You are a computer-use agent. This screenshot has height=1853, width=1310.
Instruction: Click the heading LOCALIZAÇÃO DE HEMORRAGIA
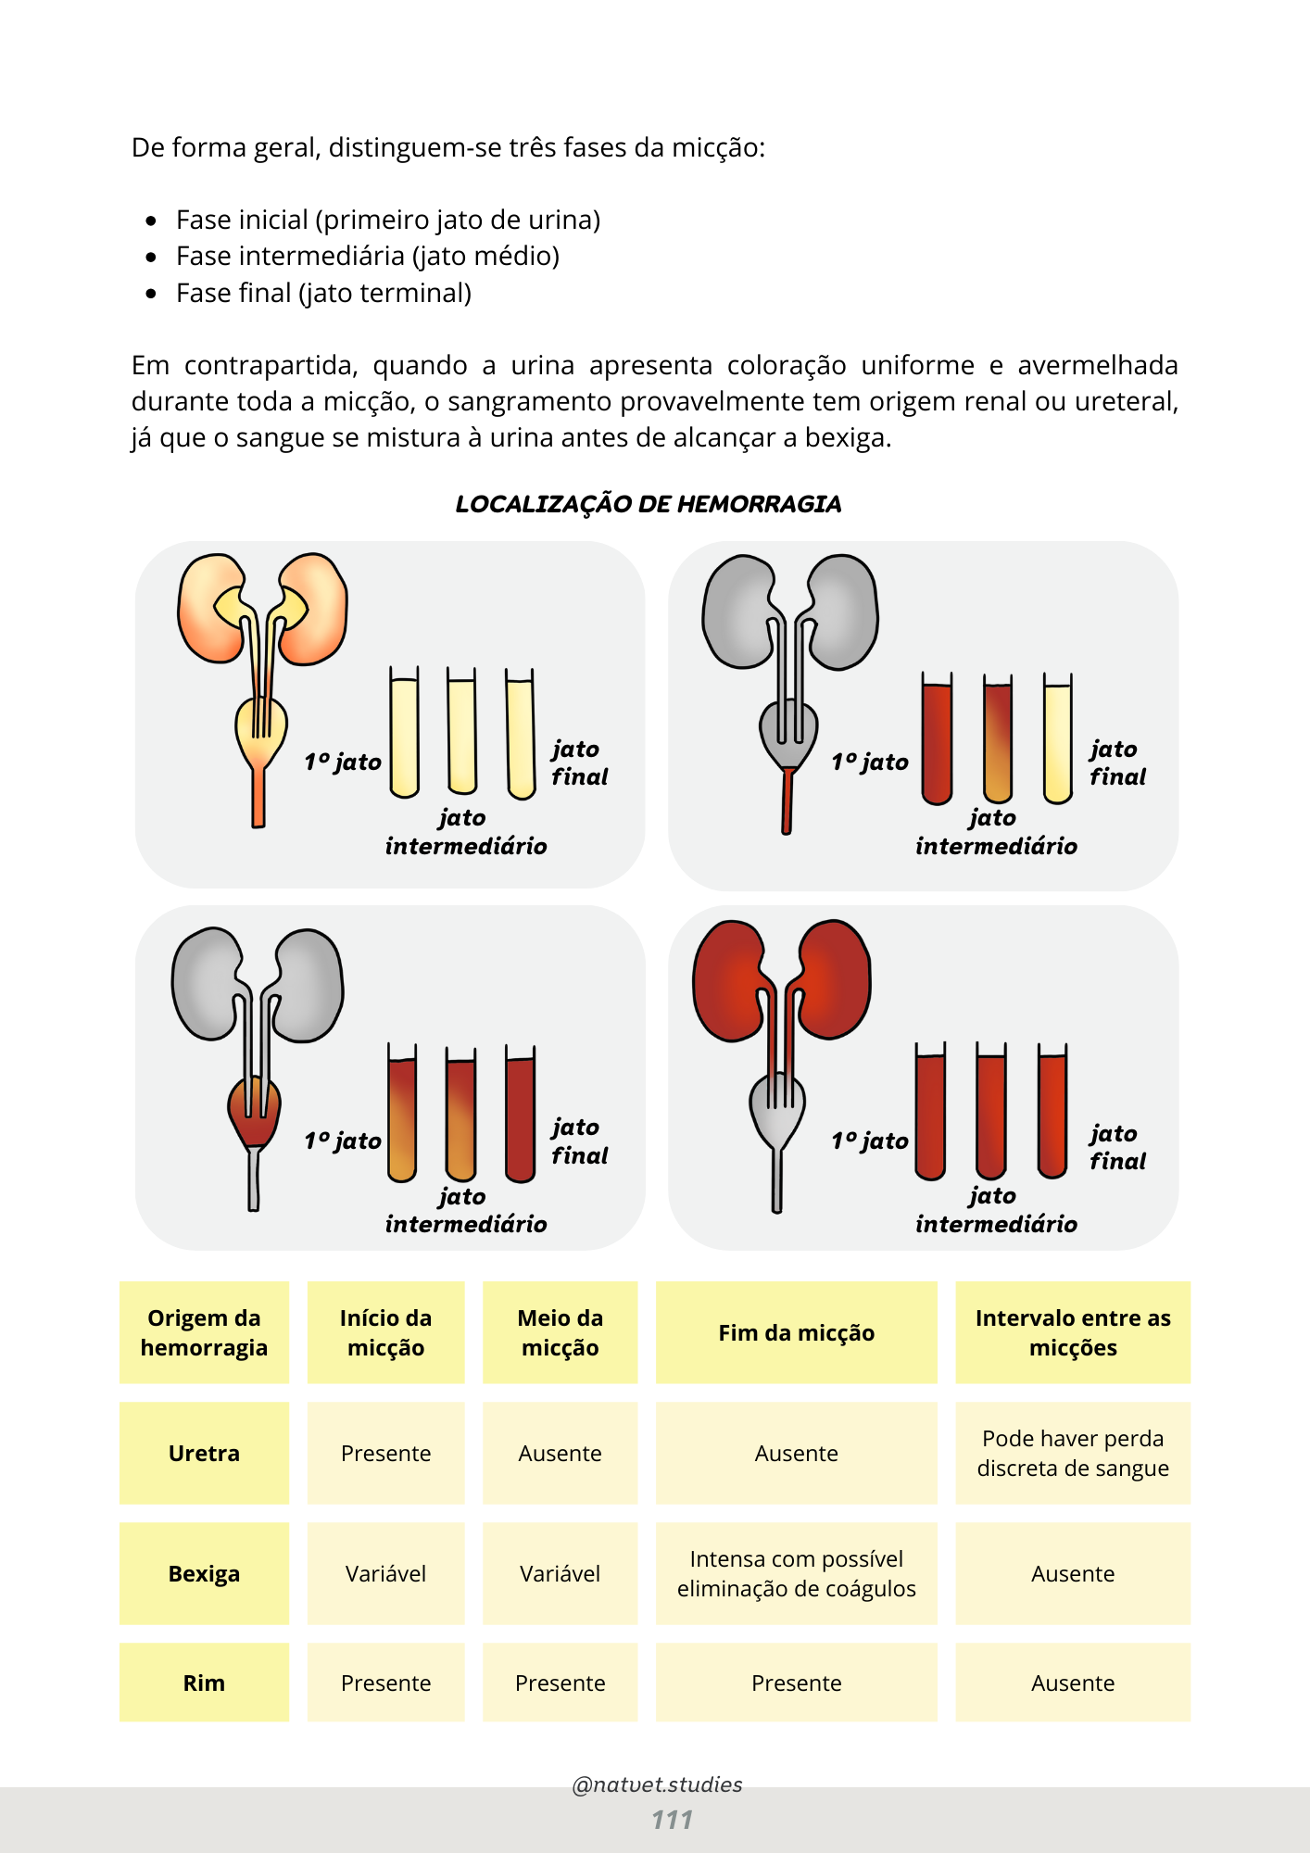click(x=648, y=504)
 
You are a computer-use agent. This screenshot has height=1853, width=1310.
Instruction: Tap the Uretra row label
click(x=204, y=1453)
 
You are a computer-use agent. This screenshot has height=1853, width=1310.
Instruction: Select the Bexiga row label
click(x=204, y=1573)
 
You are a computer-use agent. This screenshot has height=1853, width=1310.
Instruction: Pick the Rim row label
click(x=204, y=1683)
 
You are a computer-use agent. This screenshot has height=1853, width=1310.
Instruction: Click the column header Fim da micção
click(x=796, y=1332)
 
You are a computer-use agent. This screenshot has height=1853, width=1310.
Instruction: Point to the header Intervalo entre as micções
click(x=1073, y=1332)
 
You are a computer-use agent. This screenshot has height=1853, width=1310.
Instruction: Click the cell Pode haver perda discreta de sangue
click(x=1073, y=1453)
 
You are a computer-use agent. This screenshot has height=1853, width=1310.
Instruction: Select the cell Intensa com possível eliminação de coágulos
click(x=796, y=1573)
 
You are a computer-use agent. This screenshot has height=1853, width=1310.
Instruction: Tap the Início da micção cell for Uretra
click(x=385, y=1453)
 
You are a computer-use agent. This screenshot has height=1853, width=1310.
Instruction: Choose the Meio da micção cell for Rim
click(x=560, y=1683)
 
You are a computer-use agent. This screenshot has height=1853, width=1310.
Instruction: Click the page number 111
click(x=672, y=1820)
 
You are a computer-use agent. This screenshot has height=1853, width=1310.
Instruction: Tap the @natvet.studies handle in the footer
click(x=657, y=1784)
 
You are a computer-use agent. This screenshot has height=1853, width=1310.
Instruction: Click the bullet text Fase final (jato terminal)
click(x=323, y=293)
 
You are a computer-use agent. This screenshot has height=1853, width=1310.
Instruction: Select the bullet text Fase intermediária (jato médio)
click(x=367, y=256)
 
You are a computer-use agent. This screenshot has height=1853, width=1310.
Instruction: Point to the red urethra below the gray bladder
click(x=787, y=800)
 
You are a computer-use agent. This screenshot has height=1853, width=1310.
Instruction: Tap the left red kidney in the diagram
click(x=728, y=980)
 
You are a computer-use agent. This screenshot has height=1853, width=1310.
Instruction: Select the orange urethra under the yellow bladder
click(x=258, y=797)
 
